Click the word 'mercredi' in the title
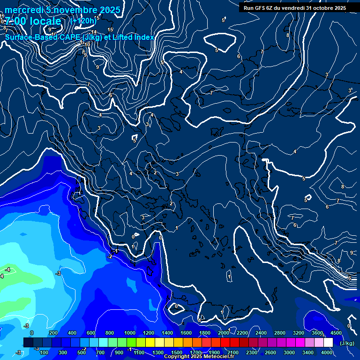(x=23, y=10)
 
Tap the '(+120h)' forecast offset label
(x=83, y=21)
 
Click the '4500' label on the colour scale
(x=336, y=333)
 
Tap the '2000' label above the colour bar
(x=224, y=333)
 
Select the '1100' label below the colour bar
(x=139, y=352)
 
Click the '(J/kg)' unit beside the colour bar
(x=347, y=343)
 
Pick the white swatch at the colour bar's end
(x=328, y=343)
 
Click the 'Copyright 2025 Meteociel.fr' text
(x=199, y=357)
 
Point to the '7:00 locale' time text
(x=34, y=21)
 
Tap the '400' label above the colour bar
(x=72, y=333)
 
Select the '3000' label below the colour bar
(x=289, y=352)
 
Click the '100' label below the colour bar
(x=45, y=352)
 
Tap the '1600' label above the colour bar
(x=186, y=333)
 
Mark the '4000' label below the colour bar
(x=327, y=352)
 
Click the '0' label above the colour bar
(x=32, y=333)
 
